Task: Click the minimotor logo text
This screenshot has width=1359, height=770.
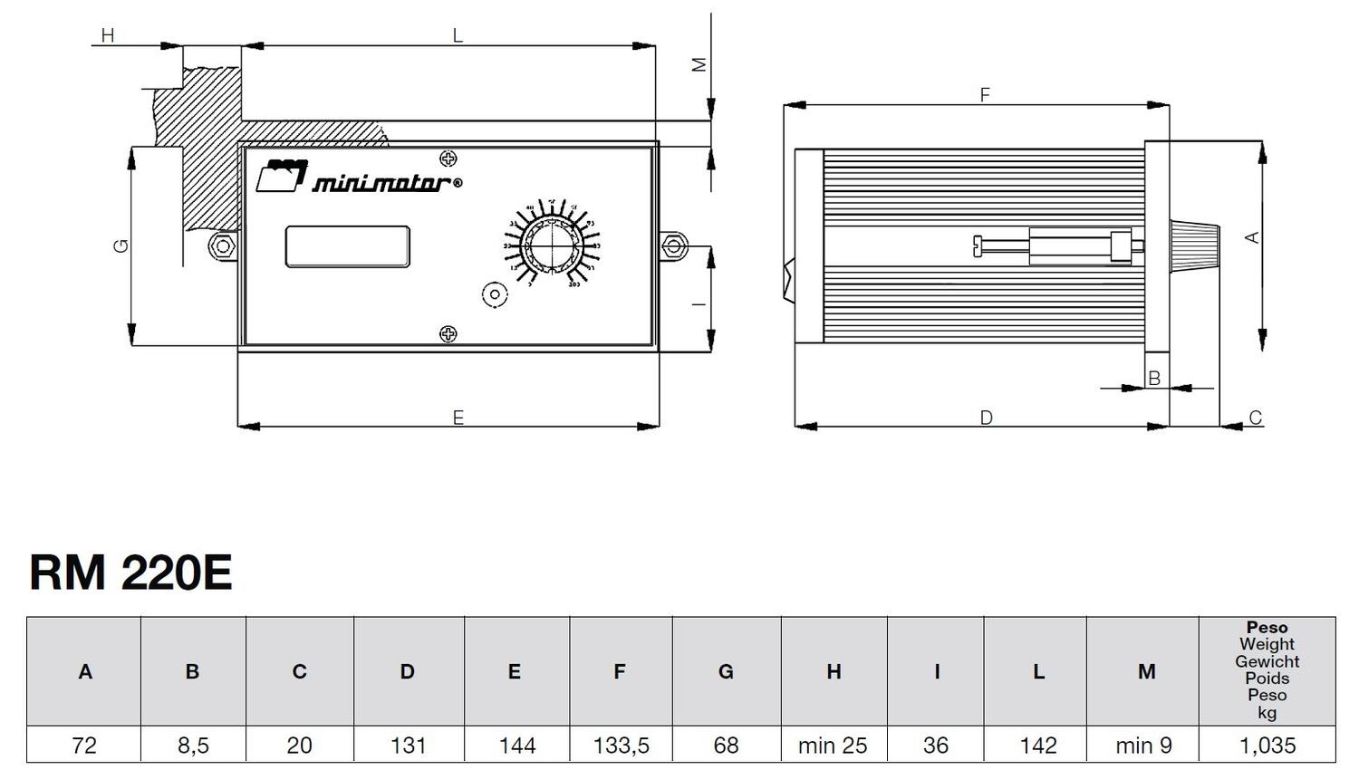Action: click(381, 184)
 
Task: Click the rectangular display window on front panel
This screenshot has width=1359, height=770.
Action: click(347, 246)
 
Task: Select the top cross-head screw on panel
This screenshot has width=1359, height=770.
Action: click(448, 159)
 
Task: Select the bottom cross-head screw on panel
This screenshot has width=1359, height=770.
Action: click(448, 334)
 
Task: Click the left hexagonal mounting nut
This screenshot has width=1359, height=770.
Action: click(223, 246)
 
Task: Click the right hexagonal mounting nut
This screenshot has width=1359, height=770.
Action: click(672, 246)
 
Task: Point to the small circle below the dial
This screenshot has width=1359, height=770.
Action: click(495, 295)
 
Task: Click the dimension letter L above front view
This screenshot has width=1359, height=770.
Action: click(458, 36)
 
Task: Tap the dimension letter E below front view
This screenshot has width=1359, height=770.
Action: click(458, 418)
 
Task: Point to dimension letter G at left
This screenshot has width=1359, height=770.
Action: click(121, 245)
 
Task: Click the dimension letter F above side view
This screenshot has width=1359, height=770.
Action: click(985, 94)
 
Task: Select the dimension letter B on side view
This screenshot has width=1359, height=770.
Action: click(1154, 379)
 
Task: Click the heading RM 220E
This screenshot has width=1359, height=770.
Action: click(130, 573)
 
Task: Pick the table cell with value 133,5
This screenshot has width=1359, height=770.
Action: click(621, 746)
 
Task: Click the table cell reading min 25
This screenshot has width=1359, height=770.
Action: click(833, 746)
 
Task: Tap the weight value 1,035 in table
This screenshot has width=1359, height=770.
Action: click(1267, 746)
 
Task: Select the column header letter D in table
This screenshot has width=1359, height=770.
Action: click(407, 672)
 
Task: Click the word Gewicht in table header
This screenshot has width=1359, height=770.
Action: click(1267, 662)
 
